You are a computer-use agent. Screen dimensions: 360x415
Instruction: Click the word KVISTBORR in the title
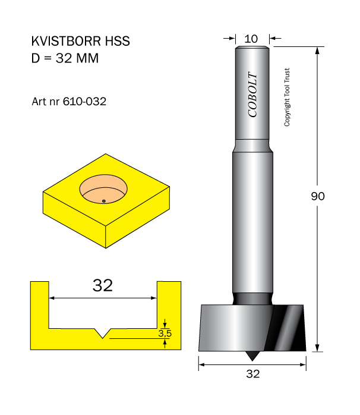[66, 41]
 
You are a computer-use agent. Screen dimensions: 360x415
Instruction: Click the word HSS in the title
[118, 41]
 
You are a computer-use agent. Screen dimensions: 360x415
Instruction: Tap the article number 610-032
[84, 101]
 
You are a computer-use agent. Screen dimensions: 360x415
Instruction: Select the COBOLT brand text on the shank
[252, 95]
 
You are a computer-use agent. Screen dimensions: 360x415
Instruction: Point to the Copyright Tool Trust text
[287, 97]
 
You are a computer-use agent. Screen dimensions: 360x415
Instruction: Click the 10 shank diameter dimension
[251, 39]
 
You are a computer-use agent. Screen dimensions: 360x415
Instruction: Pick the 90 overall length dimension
[318, 196]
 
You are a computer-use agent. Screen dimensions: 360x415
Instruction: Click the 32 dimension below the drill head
[253, 374]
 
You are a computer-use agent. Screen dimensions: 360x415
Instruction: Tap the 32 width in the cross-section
[103, 285]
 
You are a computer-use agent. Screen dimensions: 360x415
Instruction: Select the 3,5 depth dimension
[165, 333]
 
